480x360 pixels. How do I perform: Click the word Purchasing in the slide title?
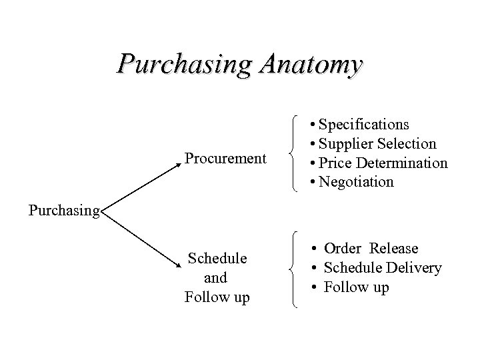point(183,65)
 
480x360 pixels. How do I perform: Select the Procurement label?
point(225,159)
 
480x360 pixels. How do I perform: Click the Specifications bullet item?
point(364,125)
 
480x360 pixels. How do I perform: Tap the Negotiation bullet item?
point(356,182)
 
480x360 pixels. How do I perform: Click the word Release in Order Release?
point(395,249)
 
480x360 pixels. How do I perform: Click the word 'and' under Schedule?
point(216,277)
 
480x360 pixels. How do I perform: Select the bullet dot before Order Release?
point(314,249)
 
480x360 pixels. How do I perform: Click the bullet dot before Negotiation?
point(314,182)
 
